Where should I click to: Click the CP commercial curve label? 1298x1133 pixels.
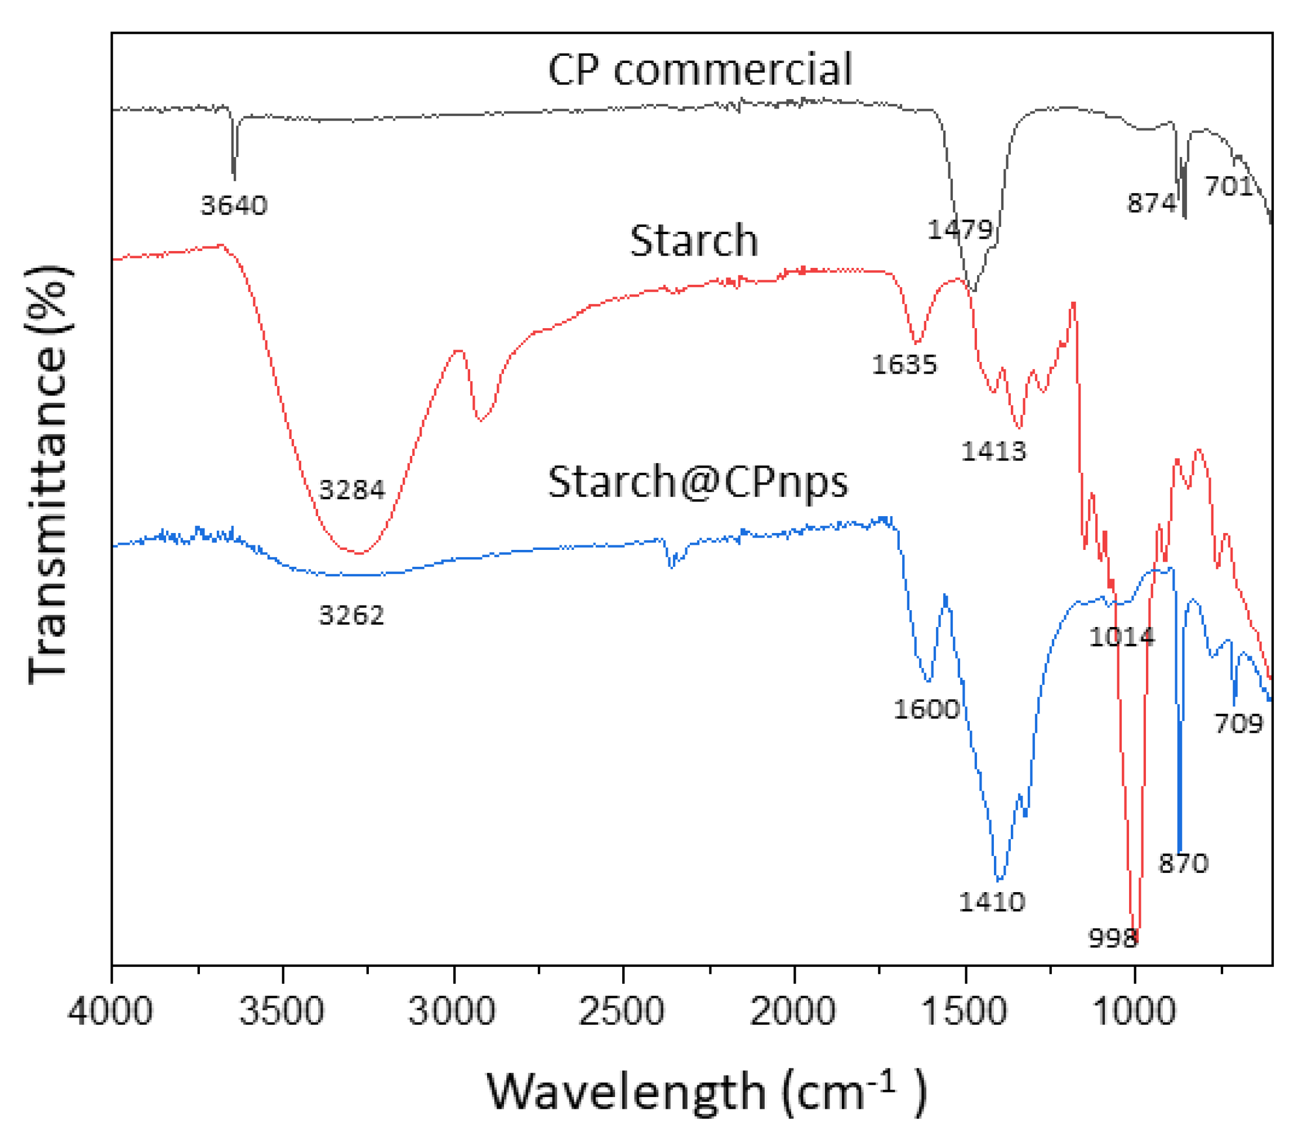pyautogui.click(x=699, y=70)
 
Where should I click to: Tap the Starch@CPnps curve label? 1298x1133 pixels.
pyautogui.click(x=697, y=482)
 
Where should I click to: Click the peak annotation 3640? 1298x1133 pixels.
pyautogui.click(x=234, y=206)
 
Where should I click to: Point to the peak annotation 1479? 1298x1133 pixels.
pyautogui.click(x=960, y=230)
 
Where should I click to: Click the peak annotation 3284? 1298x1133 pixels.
pyautogui.click(x=352, y=490)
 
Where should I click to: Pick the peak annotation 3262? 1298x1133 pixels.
pyautogui.click(x=351, y=615)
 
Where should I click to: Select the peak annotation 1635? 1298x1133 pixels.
pyautogui.click(x=904, y=365)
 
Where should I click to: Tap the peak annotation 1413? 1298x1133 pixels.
pyautogui.click(x=993, y=451)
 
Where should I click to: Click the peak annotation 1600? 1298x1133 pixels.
pyautogui.click(x=926, y=709)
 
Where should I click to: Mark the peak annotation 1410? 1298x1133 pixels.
pyautogui.click(x=991, y=902)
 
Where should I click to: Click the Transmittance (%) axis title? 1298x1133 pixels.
pyautogui.click(x=47, y=474)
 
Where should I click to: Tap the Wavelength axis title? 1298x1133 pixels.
pyautogui.click(x=705, y=1092)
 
